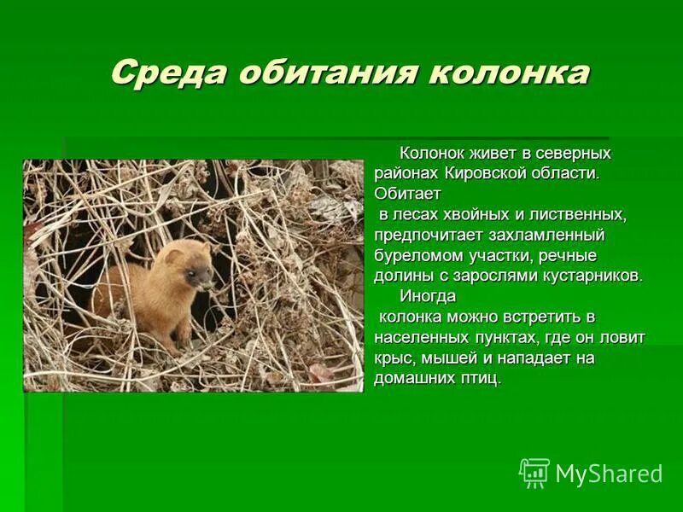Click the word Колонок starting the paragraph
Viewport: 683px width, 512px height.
(x=433, y=153)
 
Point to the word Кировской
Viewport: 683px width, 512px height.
(x=482, y=173)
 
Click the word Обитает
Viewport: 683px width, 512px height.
(x=406, y=194)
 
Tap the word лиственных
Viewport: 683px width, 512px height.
(x=573, y=214)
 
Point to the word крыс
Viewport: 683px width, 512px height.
(x=391, y=358)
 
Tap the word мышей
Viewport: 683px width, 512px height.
(x=443, y=358)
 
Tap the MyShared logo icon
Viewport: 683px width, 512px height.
(x=534, y=474)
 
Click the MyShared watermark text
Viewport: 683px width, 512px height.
(x=609, y=474)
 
